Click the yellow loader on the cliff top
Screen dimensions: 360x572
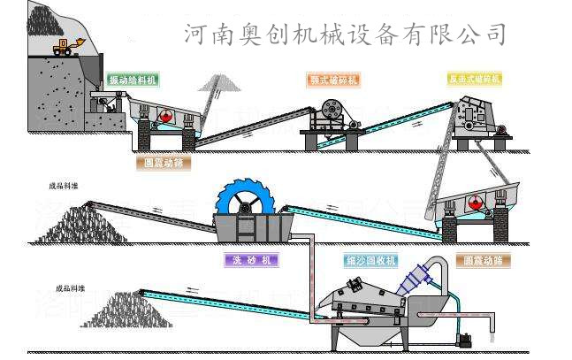(65, 46)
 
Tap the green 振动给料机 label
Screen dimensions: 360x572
(132, 80)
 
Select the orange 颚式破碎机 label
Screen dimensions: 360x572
(333, 80)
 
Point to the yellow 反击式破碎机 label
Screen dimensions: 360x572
(474, 79)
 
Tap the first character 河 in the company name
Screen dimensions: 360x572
(196, 34)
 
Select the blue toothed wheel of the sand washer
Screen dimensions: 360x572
(245, 205)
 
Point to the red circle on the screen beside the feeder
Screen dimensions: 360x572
(164, 116)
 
